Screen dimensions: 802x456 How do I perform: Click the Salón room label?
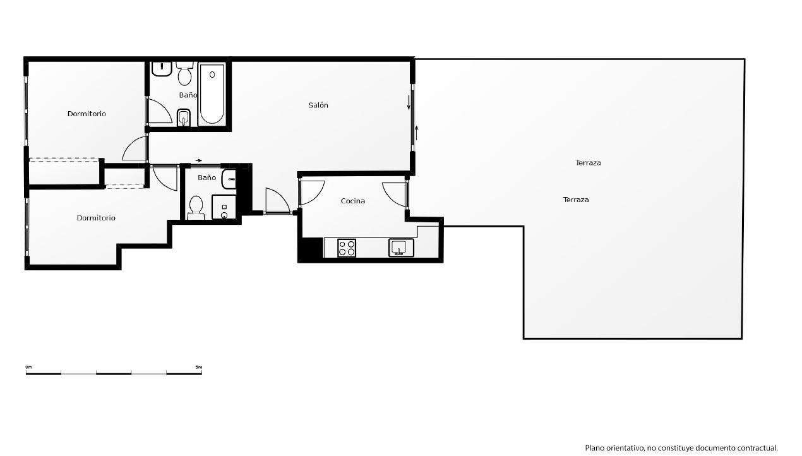(x=318, y=105)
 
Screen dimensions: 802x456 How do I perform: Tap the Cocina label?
(x=352, y=201)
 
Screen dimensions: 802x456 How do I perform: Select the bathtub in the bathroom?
(x=212, y=94)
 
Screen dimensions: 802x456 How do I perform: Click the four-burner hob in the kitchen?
(x=347, y=248)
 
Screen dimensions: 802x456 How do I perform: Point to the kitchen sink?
(x=401, y=248)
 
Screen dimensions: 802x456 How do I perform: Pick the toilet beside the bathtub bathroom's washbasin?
(x=184, y=74)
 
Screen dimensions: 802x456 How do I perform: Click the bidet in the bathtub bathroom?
(x=184, y=117)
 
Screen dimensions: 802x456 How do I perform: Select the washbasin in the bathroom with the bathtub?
(x=161, y=69)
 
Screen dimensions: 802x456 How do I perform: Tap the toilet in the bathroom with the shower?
(x=196, y=208)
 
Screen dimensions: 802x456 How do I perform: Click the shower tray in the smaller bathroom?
(x=224, y=207)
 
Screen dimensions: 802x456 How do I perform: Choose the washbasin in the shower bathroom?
(x=229, y=179)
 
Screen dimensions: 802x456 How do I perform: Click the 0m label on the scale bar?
(x=28, y=367)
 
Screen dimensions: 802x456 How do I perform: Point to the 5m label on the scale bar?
(x=199, y=367)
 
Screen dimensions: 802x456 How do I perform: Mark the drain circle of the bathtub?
(x=212, y=75)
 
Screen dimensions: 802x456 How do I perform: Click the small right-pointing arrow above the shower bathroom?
(x=199, y=160)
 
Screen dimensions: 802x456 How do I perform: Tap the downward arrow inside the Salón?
(x=409, y=103)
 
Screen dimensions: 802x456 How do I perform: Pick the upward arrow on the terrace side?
(x=416, y=133)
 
